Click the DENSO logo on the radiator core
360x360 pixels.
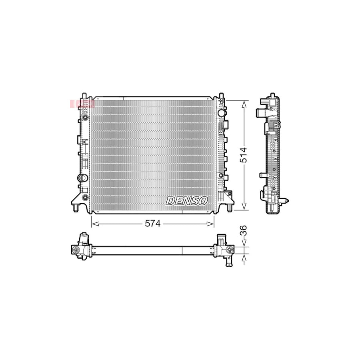[x=187, y=200]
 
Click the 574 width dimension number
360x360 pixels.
[x=153, y=224]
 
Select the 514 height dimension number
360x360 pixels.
[x=244, y=155]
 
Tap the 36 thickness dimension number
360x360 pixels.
[x=244, y=231]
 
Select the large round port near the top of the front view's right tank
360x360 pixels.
[x=222, y=113]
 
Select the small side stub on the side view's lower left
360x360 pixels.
[x=262, y=175]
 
